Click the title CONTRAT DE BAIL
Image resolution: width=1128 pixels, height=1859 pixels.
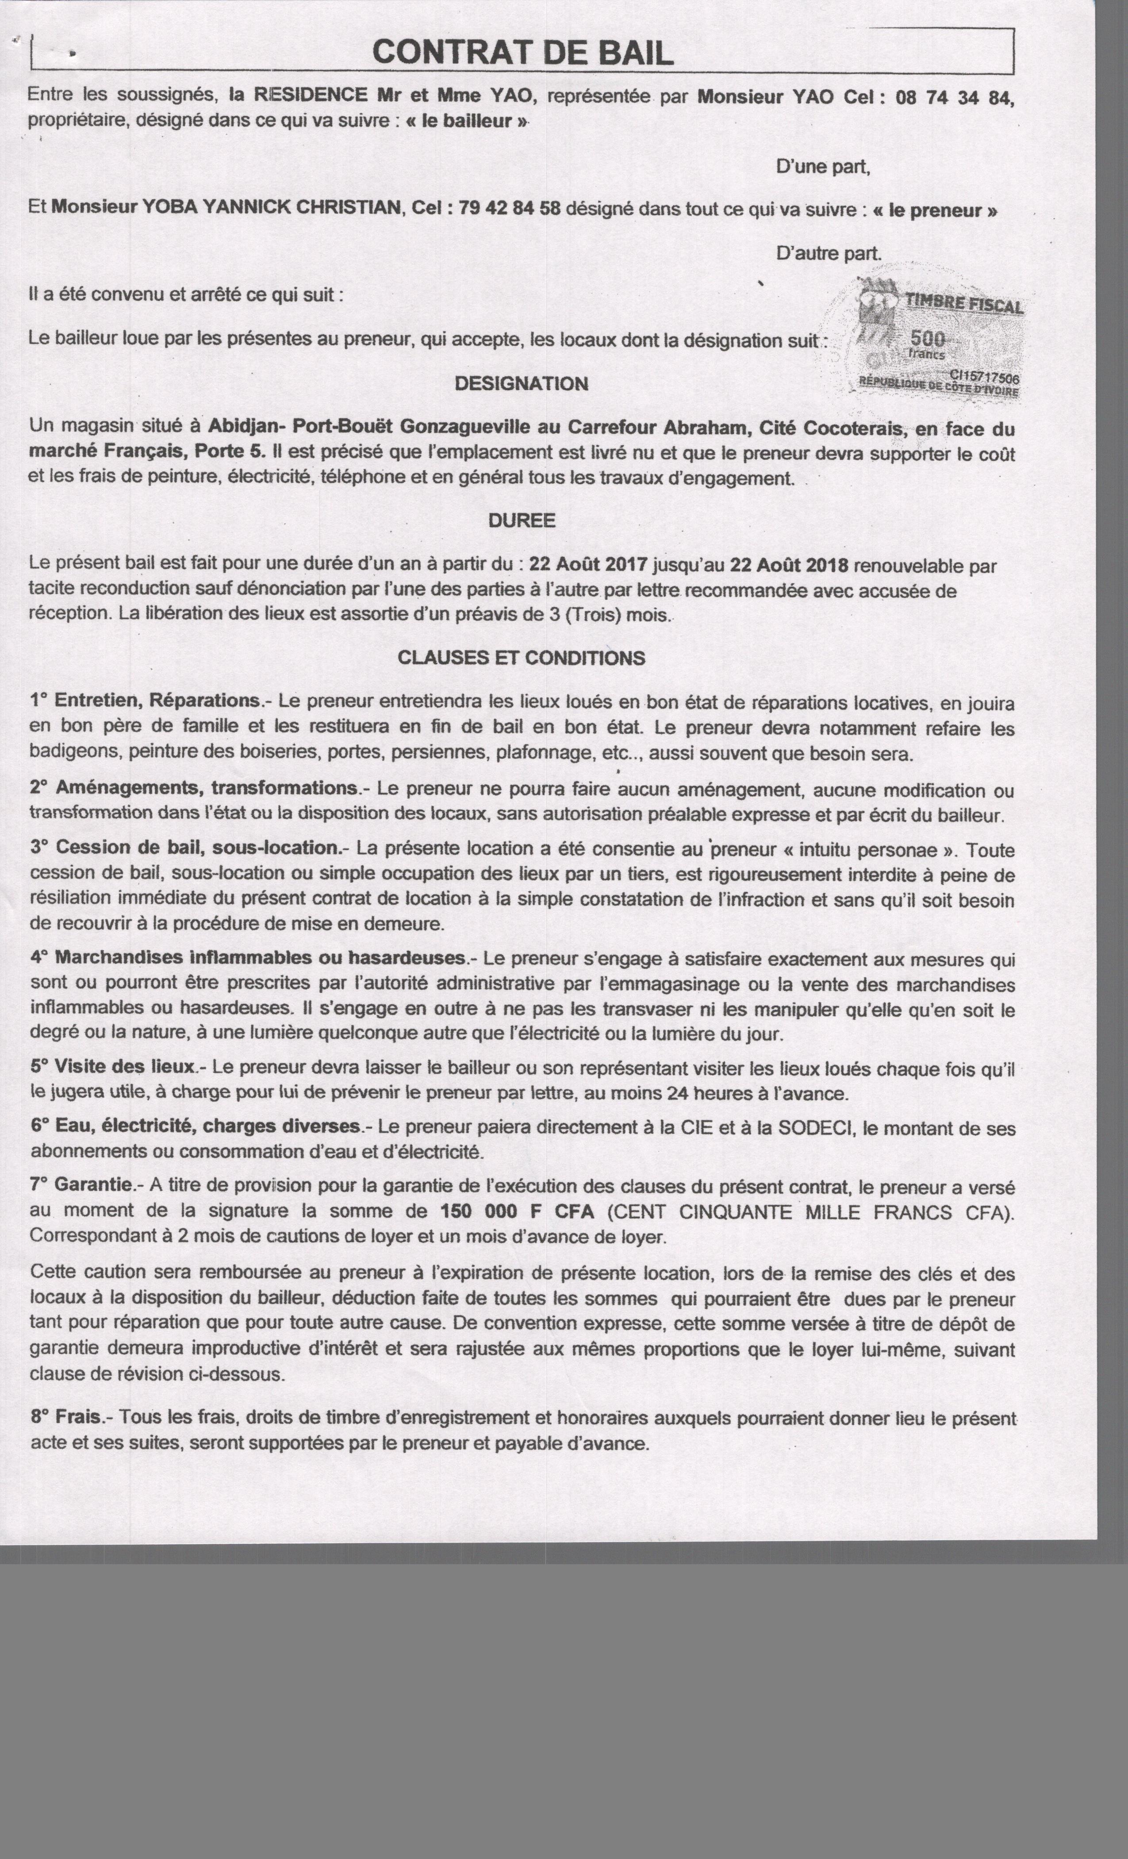tap(522, 53)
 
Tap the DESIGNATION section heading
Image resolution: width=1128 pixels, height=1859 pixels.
tap(521, 384)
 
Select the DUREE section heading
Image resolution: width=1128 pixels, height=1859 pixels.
tap(522, 521)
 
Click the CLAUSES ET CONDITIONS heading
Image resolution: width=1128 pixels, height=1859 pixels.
tap(521, 658)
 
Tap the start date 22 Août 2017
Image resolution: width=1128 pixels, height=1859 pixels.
tap(588, 565)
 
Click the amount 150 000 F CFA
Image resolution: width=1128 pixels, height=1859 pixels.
tap(517, 1212)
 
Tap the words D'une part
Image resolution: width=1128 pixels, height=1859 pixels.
tap(823, 167)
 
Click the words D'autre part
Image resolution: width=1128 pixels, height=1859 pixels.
tap(829, 254)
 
